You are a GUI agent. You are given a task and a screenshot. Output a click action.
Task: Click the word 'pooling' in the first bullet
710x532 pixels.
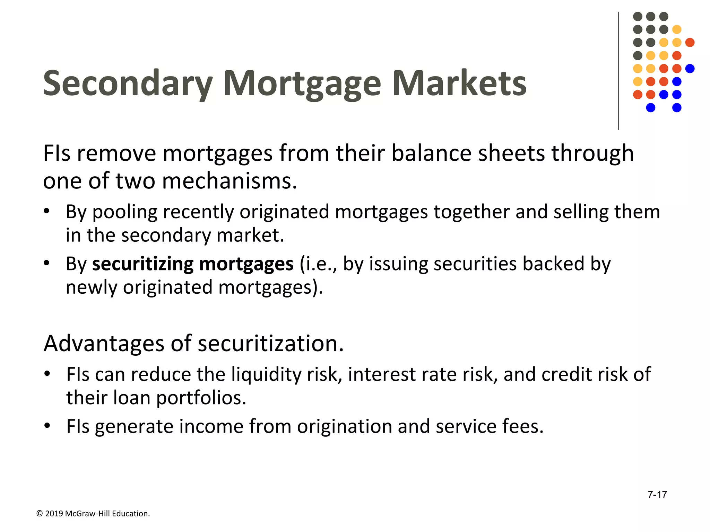[125, 213]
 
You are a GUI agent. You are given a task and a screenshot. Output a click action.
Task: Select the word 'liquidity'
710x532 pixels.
[267, 375]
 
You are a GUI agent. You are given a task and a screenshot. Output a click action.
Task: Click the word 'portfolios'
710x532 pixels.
[201, 398]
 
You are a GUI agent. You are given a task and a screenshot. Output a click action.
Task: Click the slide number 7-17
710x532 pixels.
[657, 495]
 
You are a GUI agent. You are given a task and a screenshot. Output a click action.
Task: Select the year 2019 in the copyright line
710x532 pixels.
[54, 514]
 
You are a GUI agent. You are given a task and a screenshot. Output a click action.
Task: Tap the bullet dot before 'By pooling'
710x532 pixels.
[47, 211]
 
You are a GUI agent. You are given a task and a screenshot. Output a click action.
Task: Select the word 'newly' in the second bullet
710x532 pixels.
[92, 287]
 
